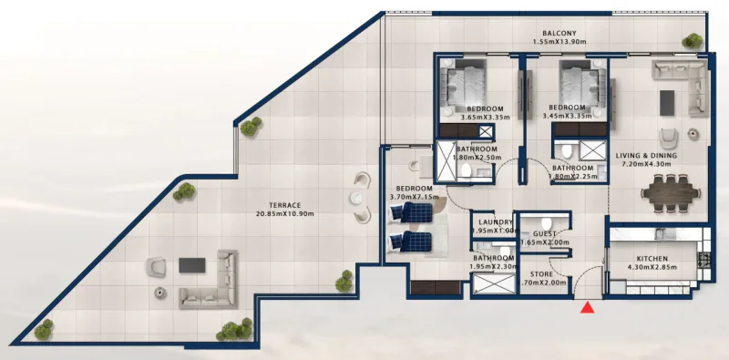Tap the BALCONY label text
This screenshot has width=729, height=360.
pos(560,29)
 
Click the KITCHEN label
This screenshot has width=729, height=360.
pos(652,260)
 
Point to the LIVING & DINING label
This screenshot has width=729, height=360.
pos(648,155)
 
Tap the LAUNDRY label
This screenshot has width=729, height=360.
pos(492,221)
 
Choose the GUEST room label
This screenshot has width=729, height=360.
pos(545,234)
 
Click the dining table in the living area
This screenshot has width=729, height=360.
pos(673,192)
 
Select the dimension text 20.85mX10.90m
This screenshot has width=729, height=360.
pos(285,214)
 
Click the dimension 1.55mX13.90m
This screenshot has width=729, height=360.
pos(560,39)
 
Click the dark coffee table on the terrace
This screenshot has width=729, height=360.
pos(192,265)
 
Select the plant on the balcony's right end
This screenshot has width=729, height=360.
pos(693,41)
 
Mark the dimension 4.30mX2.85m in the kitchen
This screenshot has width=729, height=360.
pos(652,269)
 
